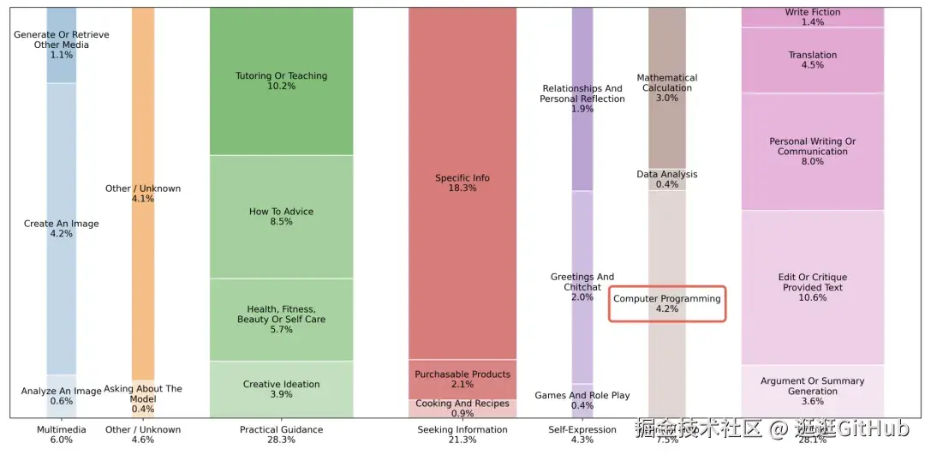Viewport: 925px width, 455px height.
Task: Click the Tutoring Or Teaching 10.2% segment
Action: (x=281, y=81)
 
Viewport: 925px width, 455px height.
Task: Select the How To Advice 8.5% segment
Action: (x=281, y=217)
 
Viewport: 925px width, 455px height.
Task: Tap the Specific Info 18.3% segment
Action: (x=462, y=183)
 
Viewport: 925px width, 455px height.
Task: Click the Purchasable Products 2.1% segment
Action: (x=462, y=380)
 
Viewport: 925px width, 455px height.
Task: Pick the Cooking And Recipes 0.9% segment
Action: (x=462, y=409)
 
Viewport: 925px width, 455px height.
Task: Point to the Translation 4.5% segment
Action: (x=812, y=60)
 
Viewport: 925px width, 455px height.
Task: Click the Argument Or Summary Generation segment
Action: (x=812, y=391)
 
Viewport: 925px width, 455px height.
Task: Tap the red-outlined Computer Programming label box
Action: (x=667, y=303)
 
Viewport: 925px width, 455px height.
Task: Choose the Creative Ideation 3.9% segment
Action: (x=281, y=390)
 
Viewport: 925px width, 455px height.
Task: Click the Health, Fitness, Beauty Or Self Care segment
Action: (x=281, y=320)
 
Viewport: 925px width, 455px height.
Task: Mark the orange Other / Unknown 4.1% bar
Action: (x=143, y=194)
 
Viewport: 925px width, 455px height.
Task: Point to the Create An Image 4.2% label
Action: (x=61, y=229)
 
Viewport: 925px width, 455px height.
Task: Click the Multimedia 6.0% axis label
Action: (x=61, y=434)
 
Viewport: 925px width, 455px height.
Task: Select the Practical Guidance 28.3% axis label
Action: (x=281, y=434)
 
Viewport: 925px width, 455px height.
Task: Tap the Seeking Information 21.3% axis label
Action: (x=462, y=434)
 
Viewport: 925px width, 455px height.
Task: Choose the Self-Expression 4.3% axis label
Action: (x=582, y=434)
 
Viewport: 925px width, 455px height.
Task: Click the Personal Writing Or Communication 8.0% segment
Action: (x=812, y=152)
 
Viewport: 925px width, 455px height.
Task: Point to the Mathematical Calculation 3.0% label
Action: (x=667, y=87)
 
